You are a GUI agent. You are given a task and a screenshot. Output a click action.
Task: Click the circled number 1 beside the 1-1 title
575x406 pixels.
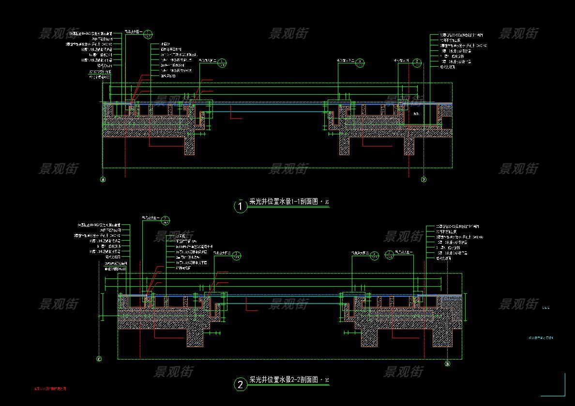point(241,206)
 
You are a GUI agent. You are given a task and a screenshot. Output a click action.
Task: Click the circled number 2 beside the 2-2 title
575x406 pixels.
point(241,385)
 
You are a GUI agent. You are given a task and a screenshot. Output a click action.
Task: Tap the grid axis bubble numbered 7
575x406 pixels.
point(424,180)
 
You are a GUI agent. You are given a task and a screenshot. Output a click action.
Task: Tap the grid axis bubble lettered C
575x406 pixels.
point(99,359)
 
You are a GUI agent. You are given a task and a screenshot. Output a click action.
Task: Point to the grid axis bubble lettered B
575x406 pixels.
point(447,364)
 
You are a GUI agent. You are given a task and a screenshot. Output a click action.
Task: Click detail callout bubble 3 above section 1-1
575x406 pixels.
point(361,63)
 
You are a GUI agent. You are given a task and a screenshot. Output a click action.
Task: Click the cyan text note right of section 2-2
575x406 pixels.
point(540,338)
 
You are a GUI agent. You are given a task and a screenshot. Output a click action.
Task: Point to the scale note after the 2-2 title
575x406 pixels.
point(326,381)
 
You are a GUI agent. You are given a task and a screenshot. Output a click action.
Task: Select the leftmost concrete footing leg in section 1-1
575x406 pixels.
point(189,145)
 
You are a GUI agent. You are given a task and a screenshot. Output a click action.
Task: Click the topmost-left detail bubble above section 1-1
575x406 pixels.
point(149,34)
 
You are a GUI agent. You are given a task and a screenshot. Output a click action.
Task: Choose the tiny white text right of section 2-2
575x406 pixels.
point(545,307)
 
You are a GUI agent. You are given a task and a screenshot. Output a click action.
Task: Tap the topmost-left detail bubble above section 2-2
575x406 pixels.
point(165,220)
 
